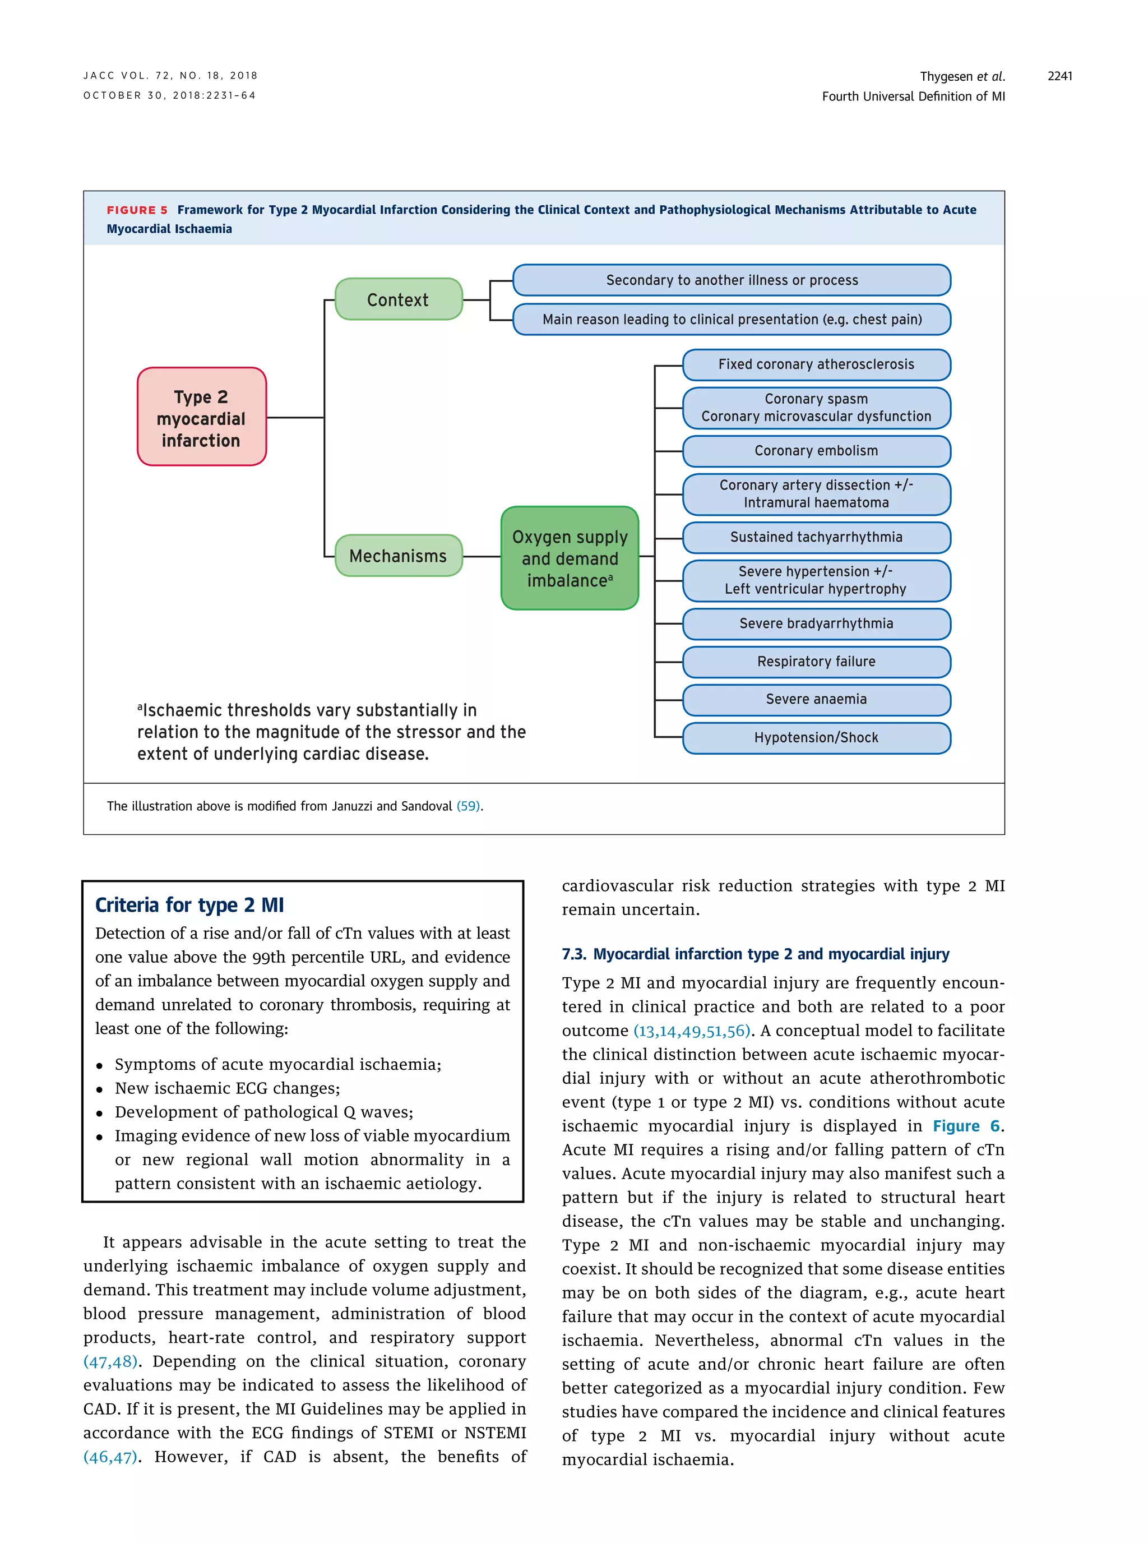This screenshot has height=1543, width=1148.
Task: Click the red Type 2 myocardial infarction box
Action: click(202, 417)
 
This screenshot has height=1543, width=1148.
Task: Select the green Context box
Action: click(398, 299)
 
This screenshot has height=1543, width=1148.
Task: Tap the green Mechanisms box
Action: click(398, 556)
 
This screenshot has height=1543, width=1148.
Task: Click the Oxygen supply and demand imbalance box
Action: click(570, 558)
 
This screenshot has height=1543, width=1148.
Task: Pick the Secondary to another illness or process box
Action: click(732, 280)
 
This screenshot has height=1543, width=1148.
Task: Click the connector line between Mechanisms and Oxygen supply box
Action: click(482, 556)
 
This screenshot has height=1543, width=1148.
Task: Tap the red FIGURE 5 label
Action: click(137, 210)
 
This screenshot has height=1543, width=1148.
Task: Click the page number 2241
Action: click(1060, 76)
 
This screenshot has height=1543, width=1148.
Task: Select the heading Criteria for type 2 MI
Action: click(189, 905)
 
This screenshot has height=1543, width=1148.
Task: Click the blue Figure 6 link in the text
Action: click(966, 1126)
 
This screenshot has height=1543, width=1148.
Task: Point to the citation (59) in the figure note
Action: click(469, 806)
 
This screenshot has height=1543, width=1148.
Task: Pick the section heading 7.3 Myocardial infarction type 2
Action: click(756, 954)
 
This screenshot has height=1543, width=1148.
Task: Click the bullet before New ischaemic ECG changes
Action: click(100, 1089)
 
